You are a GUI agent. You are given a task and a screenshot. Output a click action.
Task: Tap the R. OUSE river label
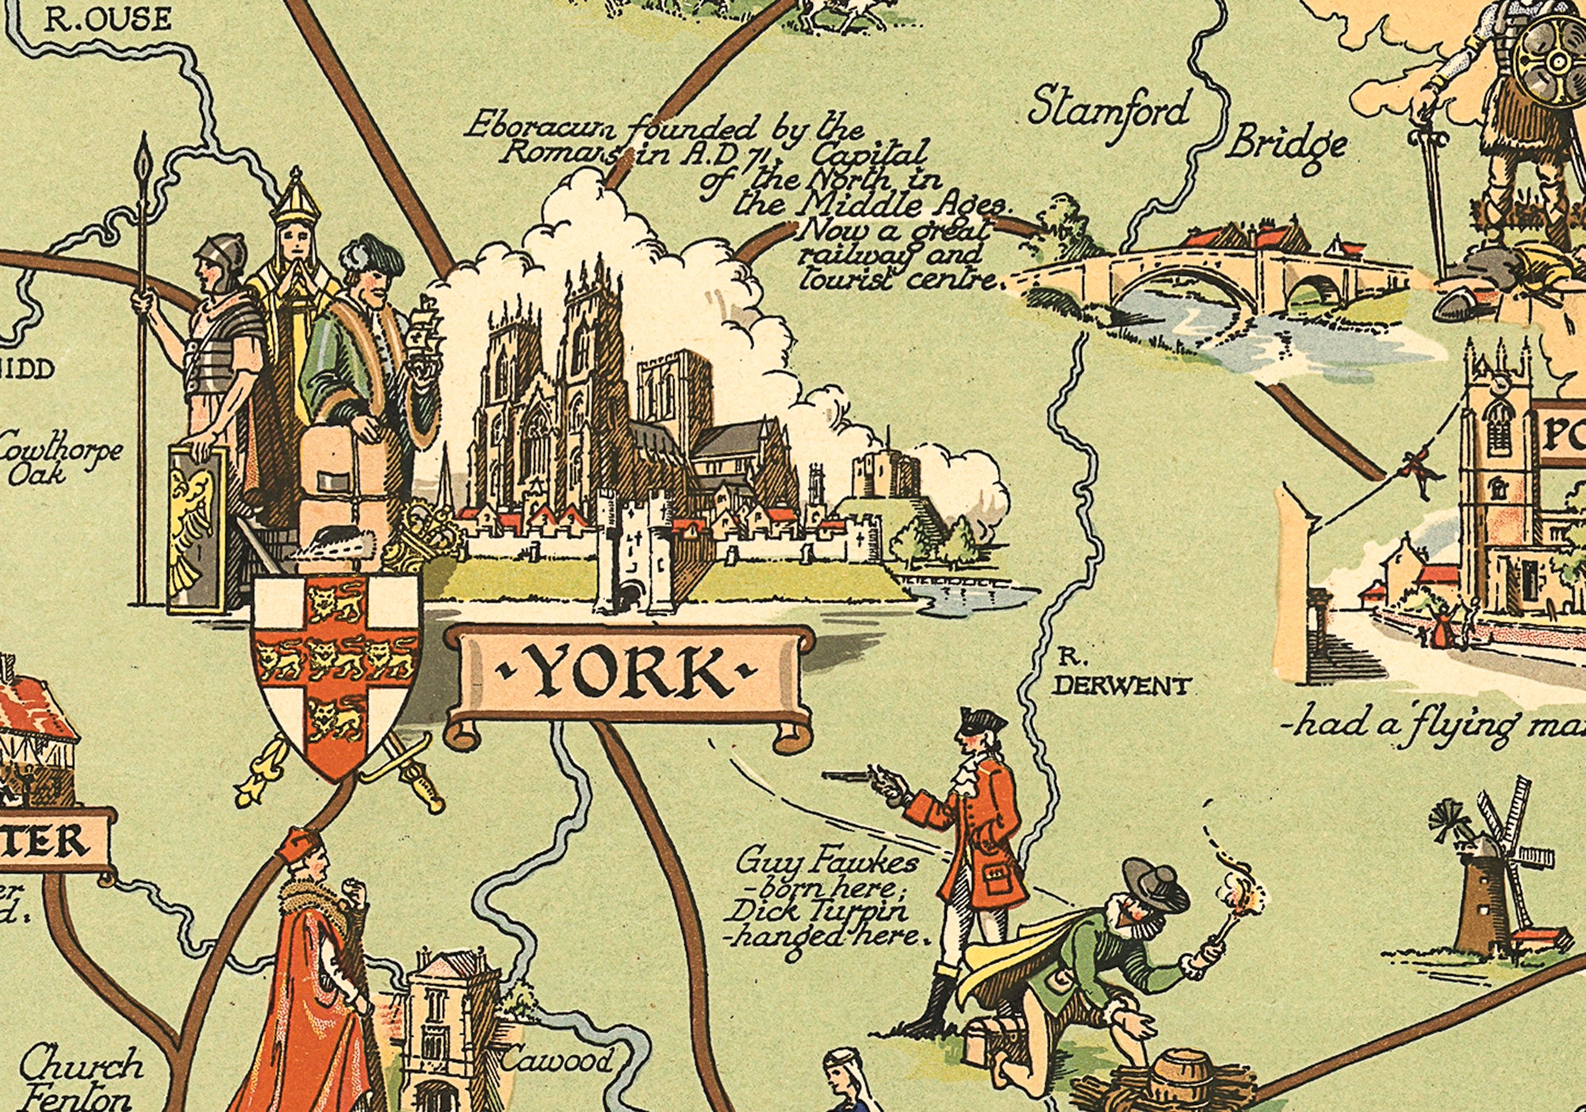coord(106,19)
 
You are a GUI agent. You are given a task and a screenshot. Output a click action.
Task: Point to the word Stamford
coord(1109,109)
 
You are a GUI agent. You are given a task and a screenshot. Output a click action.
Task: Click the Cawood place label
coord(557,1060)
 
